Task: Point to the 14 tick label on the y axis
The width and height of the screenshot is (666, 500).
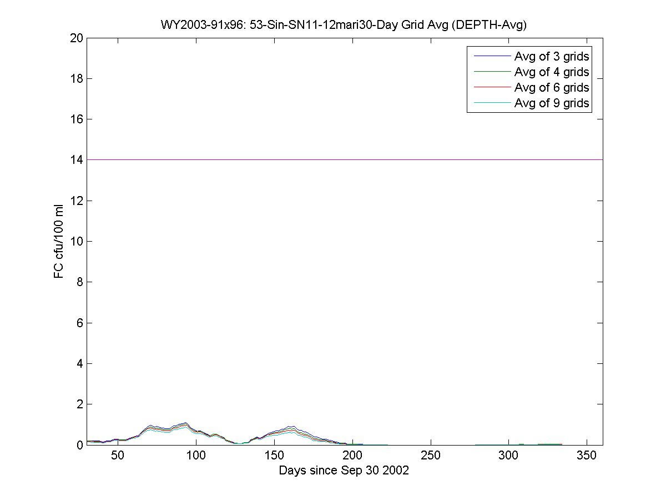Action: pos(77,160)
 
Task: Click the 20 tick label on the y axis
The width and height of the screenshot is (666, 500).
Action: pos(77,38)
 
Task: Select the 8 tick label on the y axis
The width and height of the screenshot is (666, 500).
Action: pos(80,282)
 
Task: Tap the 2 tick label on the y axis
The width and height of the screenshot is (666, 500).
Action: pos(80,404)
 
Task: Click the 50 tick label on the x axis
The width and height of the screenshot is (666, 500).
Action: pos(118,456)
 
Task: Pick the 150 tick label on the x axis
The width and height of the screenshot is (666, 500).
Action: pos(274,456)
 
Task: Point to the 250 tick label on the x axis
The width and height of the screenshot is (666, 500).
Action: pos(431,456)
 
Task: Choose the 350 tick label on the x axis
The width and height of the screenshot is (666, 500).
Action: pos(587,456)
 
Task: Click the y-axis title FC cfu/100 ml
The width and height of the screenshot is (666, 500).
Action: pos(59,241)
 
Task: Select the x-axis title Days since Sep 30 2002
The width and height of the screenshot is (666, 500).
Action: pos(344,471)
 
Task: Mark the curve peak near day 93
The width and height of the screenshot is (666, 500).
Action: pos(185,423)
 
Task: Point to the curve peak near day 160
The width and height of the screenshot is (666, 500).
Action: pos(290,427)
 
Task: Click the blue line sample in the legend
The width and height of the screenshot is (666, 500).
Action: pos(491,56)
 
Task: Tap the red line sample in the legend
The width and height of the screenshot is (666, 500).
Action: pos(491,87)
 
